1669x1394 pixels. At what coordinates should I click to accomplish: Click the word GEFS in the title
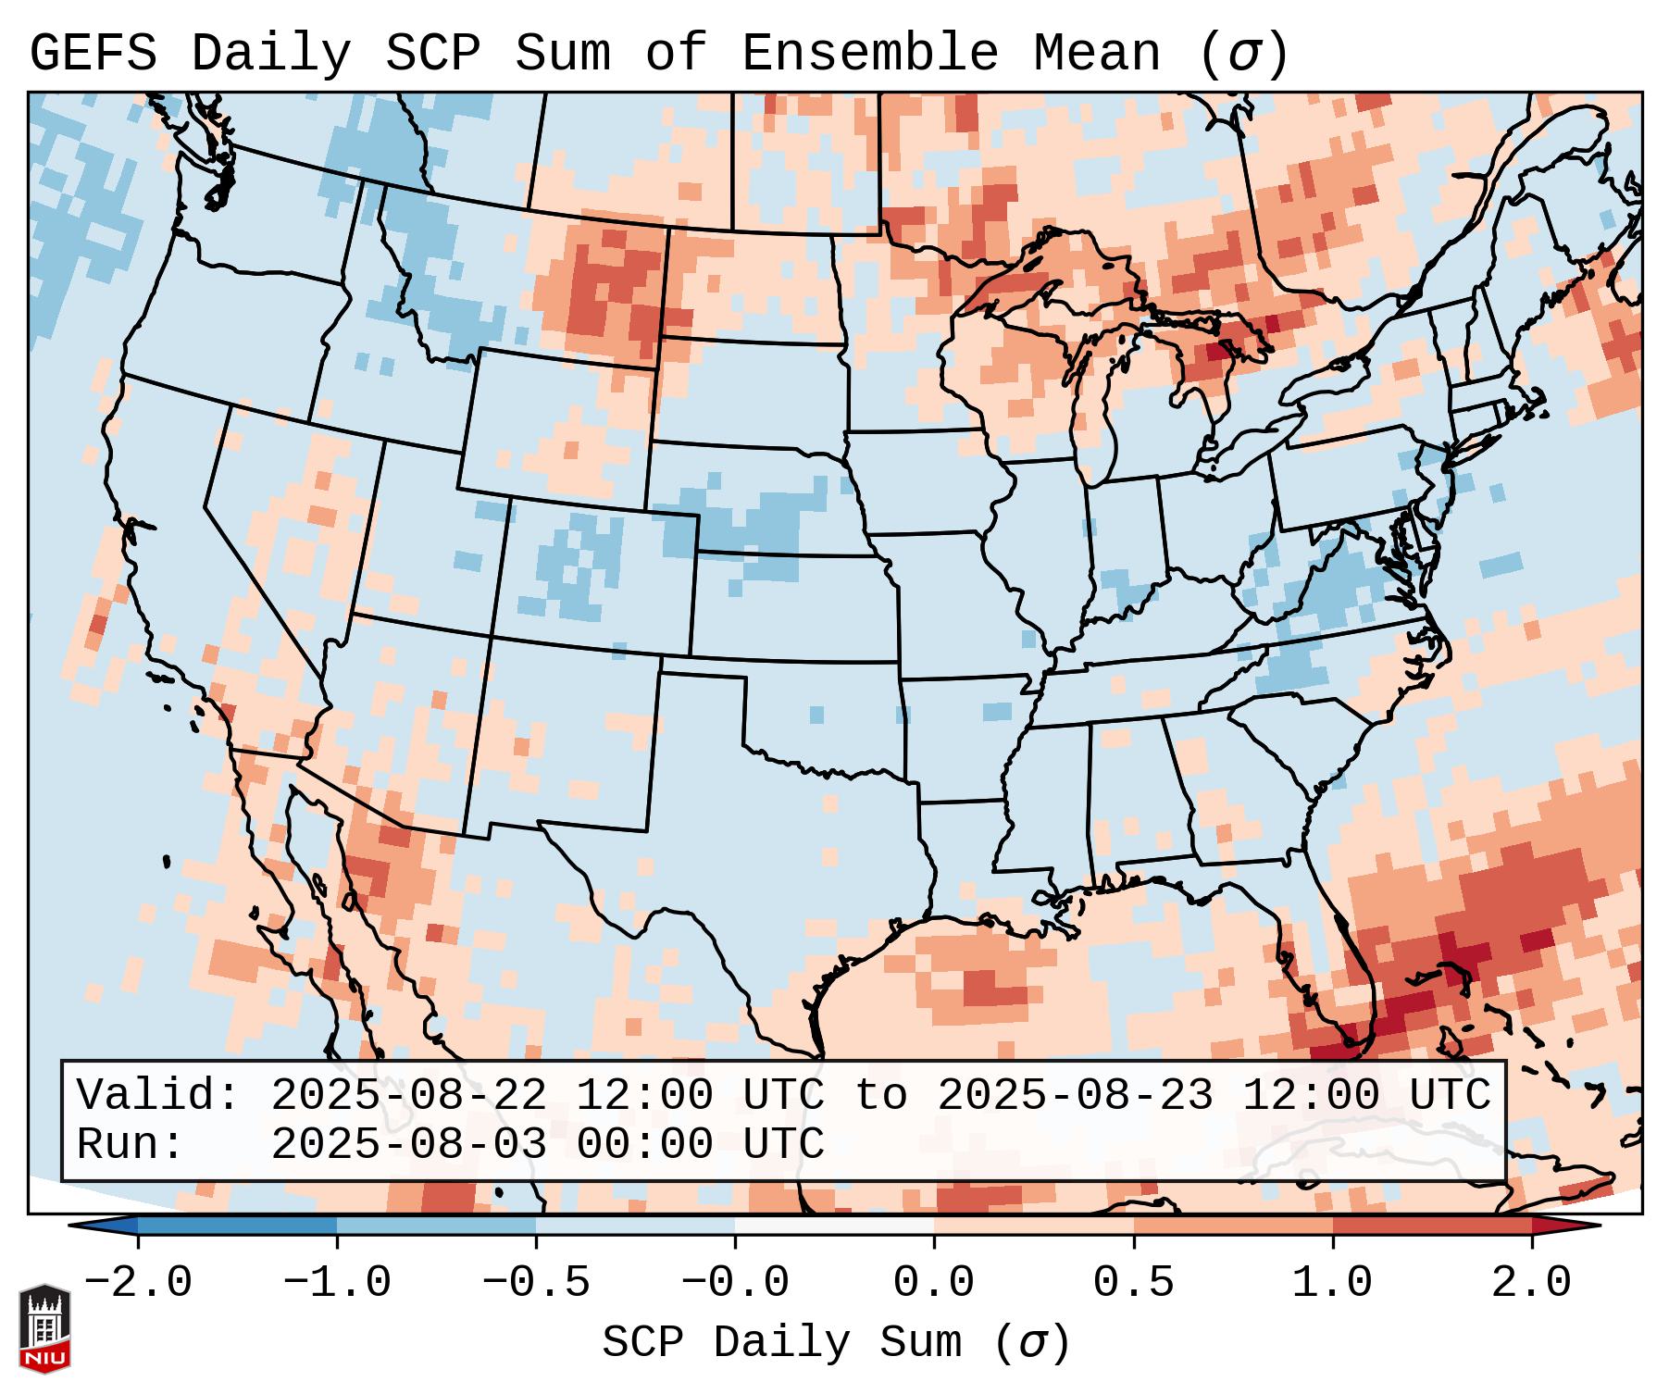[x=93, y=53]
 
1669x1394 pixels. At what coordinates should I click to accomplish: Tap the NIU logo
[x=44, y=1328]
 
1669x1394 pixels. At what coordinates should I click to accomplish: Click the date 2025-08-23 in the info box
[x=1075, y=1096]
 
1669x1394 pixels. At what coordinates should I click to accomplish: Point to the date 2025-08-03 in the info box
[x=408, y=1145]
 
